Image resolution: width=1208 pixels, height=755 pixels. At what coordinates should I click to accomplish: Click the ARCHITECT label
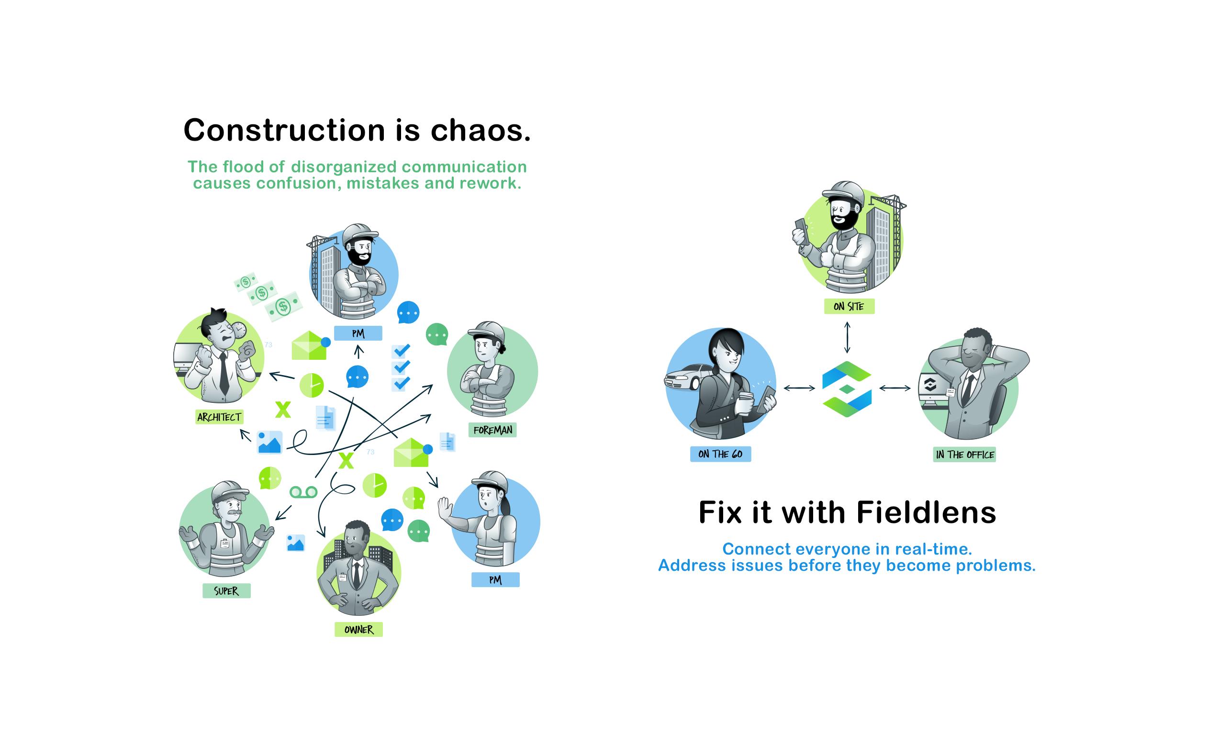[219, 417]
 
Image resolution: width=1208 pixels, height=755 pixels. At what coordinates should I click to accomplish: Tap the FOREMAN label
[492, 430]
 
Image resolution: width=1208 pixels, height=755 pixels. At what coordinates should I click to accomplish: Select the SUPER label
[226, 591]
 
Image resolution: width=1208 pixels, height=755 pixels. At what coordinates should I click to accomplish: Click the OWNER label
[358, 630]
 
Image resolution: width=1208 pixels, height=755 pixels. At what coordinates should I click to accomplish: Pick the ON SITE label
[849, 306]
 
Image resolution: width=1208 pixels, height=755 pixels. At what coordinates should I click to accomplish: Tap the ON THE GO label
[720, 454]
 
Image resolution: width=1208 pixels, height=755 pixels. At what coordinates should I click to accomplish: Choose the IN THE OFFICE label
[964, 455]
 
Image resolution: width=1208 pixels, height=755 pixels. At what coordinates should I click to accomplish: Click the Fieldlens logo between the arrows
[847, 389]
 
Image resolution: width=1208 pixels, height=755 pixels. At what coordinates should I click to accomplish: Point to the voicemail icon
[303, 492]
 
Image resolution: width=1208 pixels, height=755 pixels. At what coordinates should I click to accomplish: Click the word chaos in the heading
[481, 130]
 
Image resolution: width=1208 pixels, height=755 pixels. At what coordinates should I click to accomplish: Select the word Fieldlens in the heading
[927, 512]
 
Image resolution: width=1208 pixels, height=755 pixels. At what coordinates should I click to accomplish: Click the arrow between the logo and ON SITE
[847, 337]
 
